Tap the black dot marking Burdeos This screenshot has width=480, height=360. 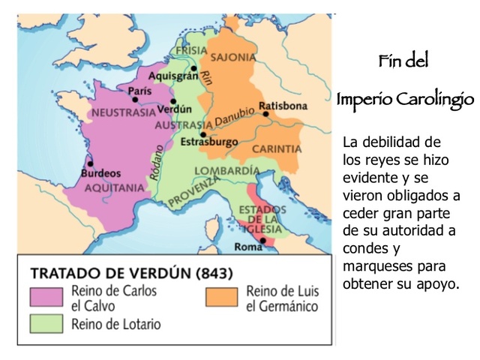pos(91,163)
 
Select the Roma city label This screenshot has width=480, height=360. pos(247,246)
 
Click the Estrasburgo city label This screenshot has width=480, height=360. pos(209,142)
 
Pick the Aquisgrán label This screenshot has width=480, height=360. pos(172,76)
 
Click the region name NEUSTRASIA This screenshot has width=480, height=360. pos(121,113)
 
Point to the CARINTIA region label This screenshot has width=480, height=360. pos(276,149)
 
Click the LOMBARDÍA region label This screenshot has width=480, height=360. pos(221,169)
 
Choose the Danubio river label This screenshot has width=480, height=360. pos(235,121)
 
